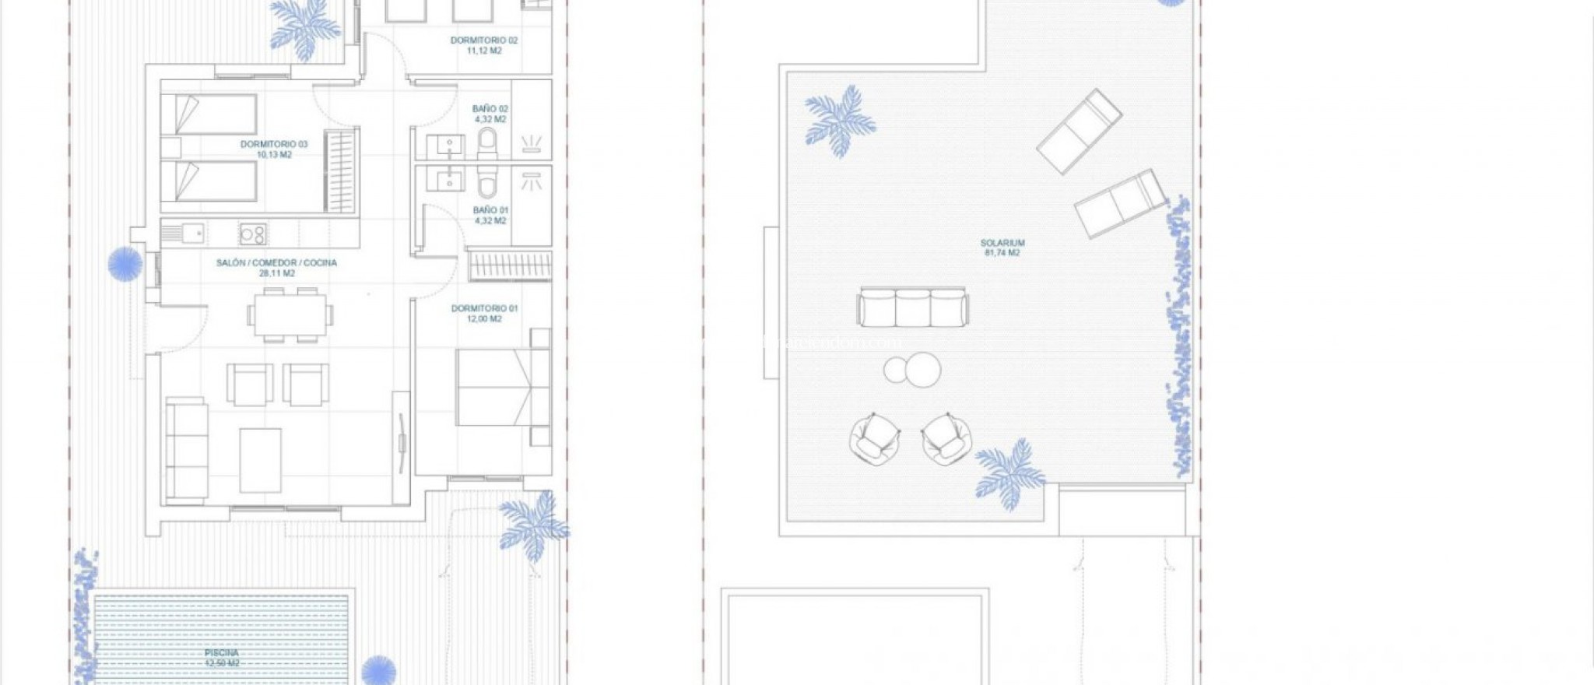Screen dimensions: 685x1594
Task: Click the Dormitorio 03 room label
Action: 274,149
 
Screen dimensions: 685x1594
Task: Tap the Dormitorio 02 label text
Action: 483,45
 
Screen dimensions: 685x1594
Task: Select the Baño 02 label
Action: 490,114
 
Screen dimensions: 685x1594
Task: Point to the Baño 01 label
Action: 490,215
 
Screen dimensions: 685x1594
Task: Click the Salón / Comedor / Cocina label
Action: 276,268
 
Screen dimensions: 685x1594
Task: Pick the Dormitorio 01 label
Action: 484,313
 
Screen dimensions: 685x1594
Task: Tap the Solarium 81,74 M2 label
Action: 1002,248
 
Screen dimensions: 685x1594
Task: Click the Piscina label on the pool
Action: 222,657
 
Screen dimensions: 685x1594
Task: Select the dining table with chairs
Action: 290,314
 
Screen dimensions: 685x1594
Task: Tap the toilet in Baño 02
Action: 487,142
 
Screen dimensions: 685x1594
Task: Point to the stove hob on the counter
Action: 253,233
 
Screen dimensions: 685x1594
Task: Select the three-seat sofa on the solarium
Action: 913,307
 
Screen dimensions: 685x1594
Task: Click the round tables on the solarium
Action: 913,369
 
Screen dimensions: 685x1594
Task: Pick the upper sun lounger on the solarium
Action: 1079,130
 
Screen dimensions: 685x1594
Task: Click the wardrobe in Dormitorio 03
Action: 341,170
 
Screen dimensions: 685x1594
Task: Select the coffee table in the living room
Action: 260,459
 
